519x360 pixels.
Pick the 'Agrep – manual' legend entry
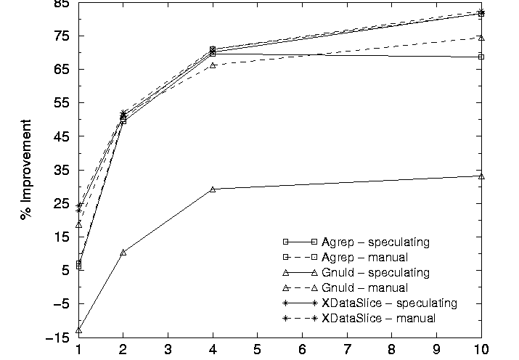coord(355,257)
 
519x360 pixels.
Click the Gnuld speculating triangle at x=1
coord(78,330)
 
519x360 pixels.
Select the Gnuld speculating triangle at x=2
coord(123,252)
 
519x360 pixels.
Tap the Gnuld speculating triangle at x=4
coord(213,189)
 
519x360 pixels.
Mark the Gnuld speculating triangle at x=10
coord(481,176)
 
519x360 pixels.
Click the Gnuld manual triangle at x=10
coord(481,37)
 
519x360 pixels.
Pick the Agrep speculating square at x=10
coord(481,57)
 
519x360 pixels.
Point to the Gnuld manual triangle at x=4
coord(213,65)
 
